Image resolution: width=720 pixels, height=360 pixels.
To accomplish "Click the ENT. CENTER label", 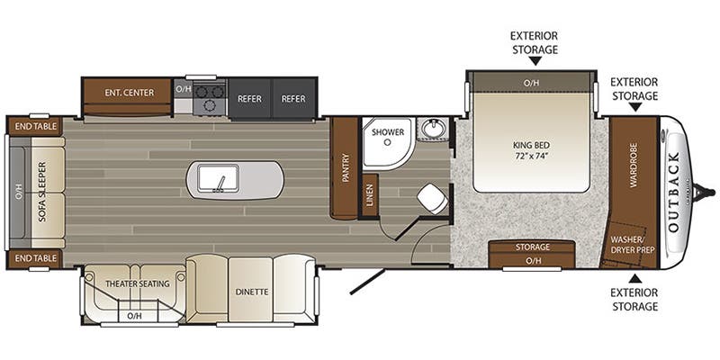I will [129, 92].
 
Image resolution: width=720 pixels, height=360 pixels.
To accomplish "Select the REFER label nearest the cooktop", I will [249, 98].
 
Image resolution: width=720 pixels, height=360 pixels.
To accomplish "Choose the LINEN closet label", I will [370, 195].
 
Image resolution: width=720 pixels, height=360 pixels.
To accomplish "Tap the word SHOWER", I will [389, 132].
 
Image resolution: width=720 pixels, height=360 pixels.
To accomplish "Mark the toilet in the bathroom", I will [433, 198].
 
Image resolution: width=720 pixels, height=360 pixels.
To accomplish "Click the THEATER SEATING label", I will [138, 284].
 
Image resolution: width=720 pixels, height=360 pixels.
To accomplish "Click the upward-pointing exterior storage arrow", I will [634, 277].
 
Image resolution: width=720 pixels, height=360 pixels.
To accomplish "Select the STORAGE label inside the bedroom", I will [532, 246].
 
